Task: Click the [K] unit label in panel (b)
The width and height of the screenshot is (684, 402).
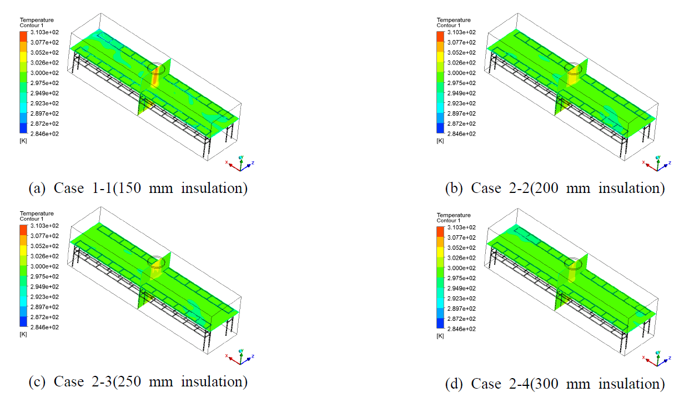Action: (x=440, y=141)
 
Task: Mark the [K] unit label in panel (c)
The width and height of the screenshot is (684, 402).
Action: (x=23, y=334)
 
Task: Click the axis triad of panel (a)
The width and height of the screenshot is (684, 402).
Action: (x=240, y=163)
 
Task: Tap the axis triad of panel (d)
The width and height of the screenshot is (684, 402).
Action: (x=657, y=358)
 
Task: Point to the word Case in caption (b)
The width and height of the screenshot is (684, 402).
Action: (x=485, y=188)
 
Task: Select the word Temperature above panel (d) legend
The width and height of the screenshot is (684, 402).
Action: (x=454, y=215)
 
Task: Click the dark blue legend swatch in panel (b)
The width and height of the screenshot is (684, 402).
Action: (x=440, y=128)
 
